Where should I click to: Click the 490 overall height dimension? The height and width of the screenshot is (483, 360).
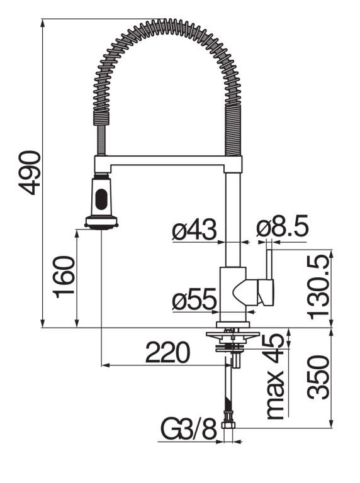[29, 173]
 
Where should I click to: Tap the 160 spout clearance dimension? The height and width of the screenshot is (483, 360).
[64, 277]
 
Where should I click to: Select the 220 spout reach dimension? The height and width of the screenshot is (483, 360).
[167, 352]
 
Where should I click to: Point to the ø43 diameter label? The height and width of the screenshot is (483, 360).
[194, 230]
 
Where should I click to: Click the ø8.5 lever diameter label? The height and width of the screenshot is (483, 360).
[283, 226]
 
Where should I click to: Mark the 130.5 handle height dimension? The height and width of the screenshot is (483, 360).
[318, 287]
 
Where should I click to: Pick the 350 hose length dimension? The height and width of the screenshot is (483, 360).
[318, 377]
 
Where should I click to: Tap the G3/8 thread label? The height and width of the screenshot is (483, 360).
[189, 429]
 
